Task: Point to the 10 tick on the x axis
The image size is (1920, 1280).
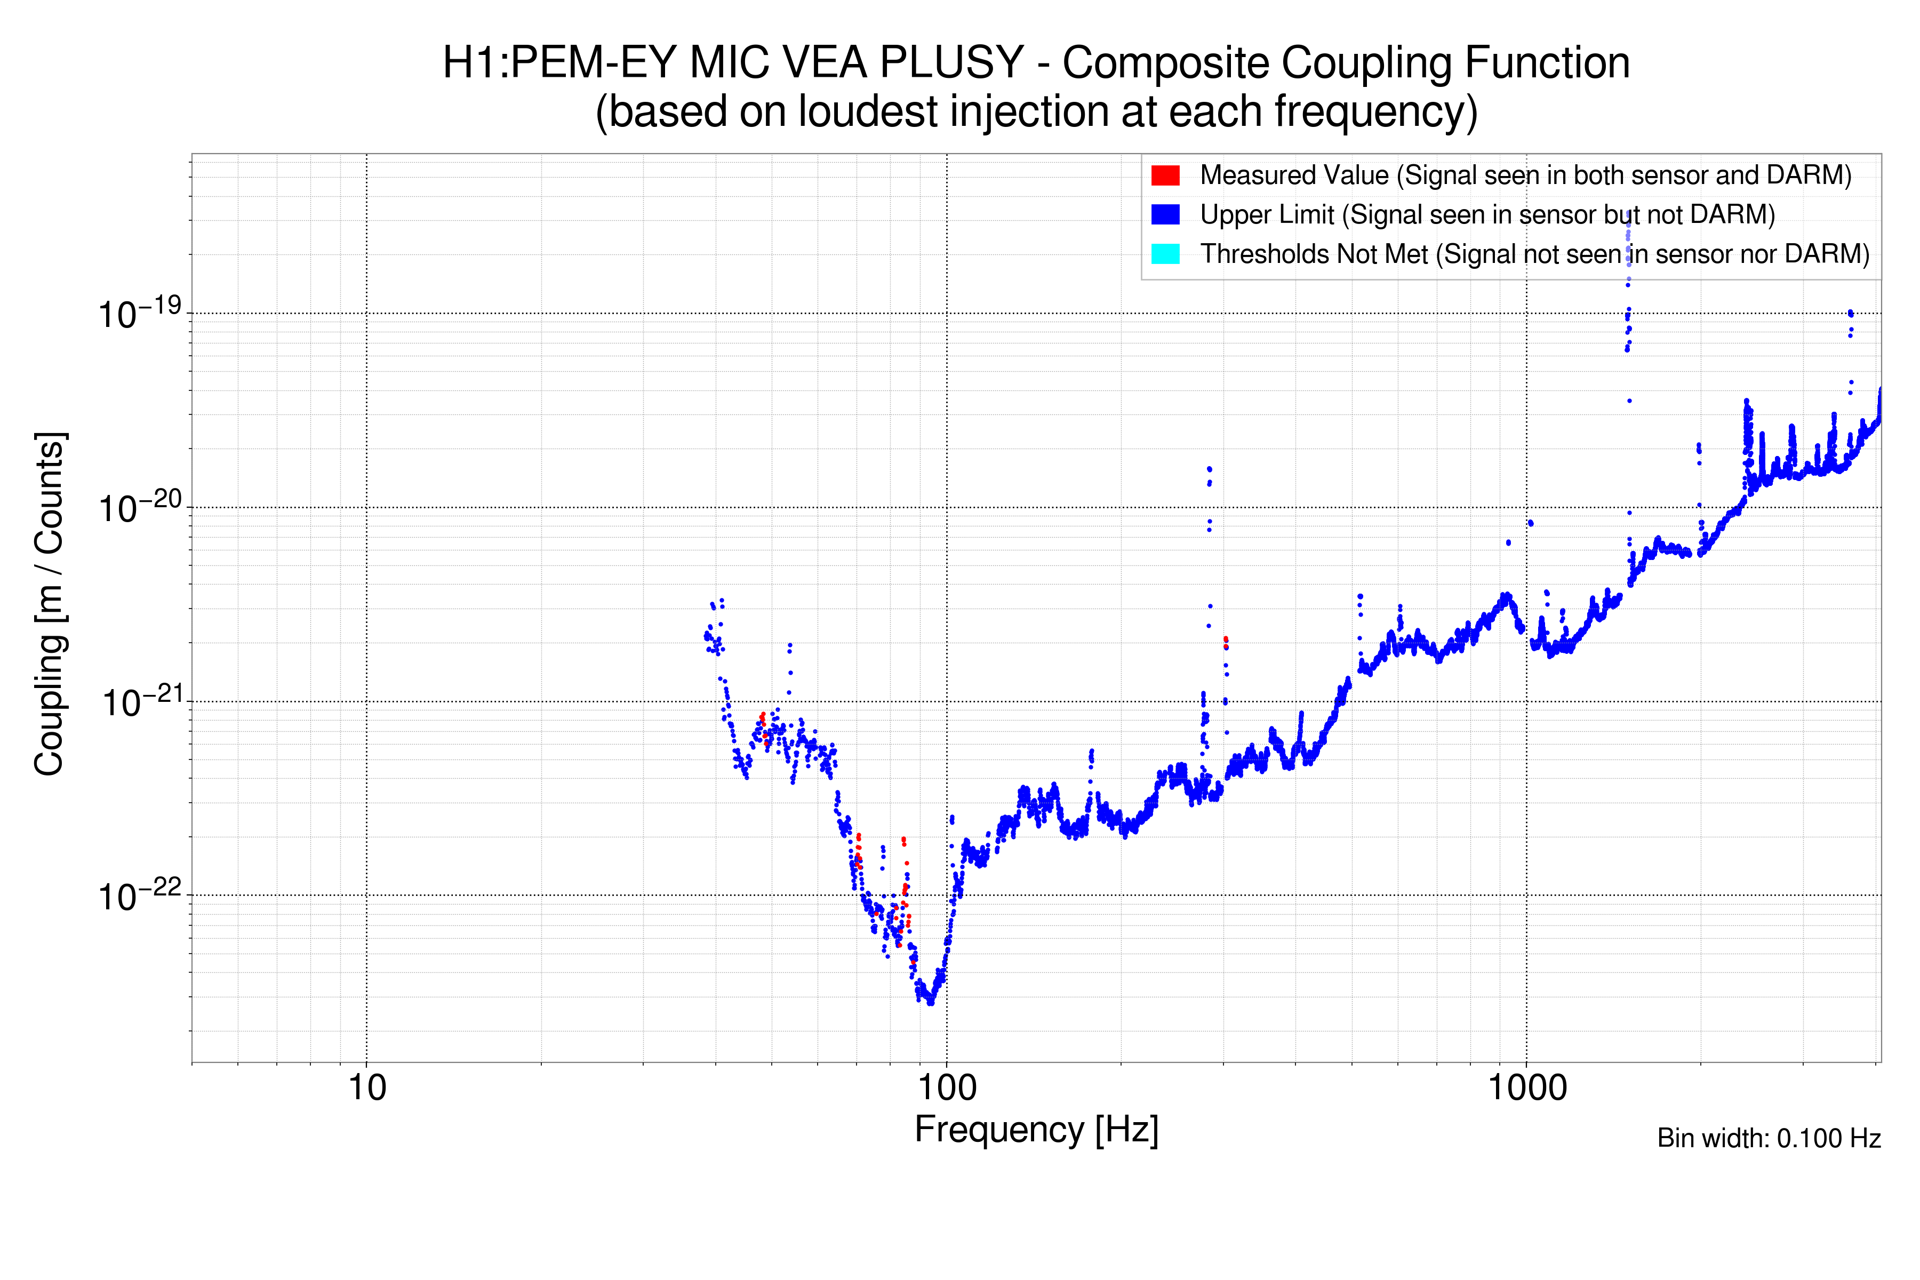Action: pyautogui.click(x=366, y=1088)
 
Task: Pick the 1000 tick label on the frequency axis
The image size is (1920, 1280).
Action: pyautogui.click(x=1526, y=1088)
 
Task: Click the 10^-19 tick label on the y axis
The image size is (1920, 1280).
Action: pyautogui.click(x=139, y=314)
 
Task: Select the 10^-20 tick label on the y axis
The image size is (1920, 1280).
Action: pyautogui.click(x=139, y=508)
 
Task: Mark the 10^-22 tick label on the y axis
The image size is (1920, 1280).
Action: pyautogui.click(x=139, y=895)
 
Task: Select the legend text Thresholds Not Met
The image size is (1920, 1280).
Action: pyautogui.click(x=1314, y=254)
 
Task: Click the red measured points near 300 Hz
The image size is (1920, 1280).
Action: pyautogui.click(x=1225, y=641)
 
